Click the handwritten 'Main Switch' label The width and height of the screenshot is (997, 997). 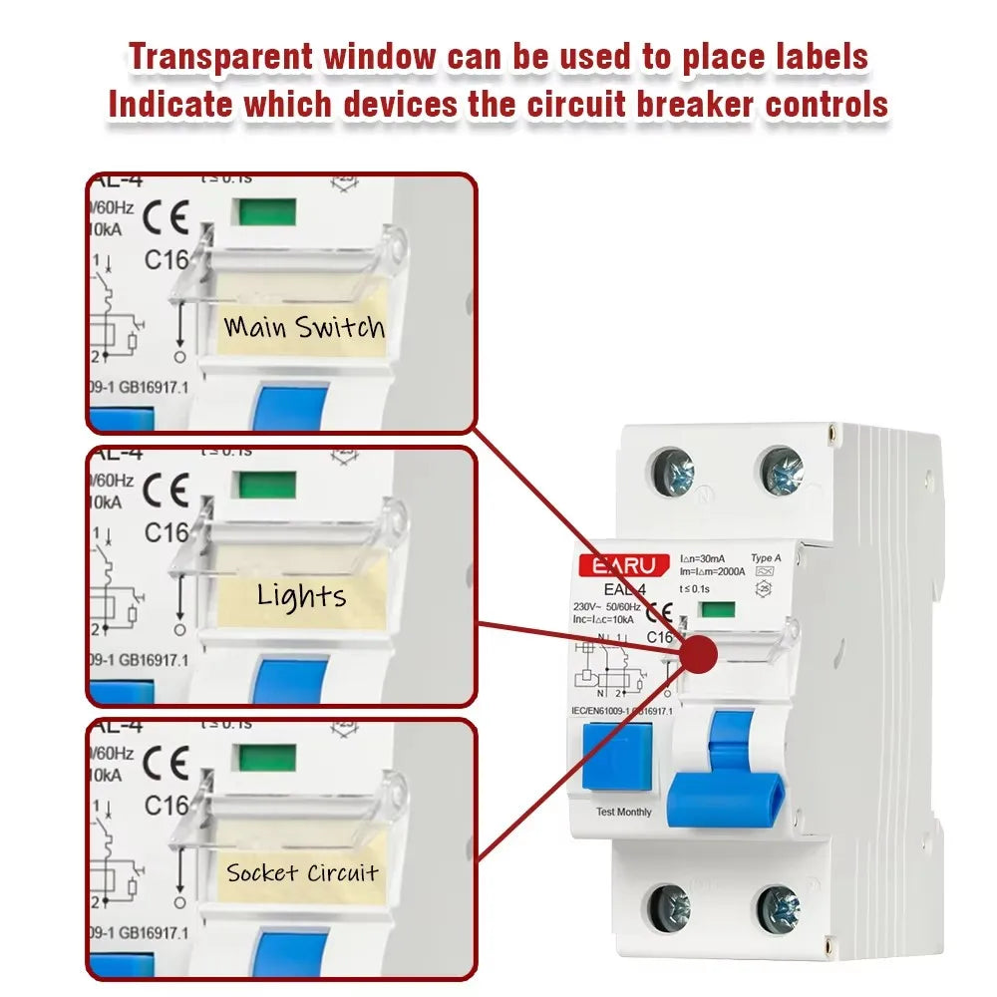304,326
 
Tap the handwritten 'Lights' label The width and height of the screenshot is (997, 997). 301,596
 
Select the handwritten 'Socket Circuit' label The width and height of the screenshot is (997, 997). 302,873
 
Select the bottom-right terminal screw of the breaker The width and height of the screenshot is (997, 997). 778,908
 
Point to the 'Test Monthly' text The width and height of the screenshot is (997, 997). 623,812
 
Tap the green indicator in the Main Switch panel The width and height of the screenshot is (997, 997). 265,211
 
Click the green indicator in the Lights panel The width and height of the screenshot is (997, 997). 264,485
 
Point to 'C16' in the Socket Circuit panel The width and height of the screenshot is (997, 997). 166,804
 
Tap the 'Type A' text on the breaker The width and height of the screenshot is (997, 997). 766,558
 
